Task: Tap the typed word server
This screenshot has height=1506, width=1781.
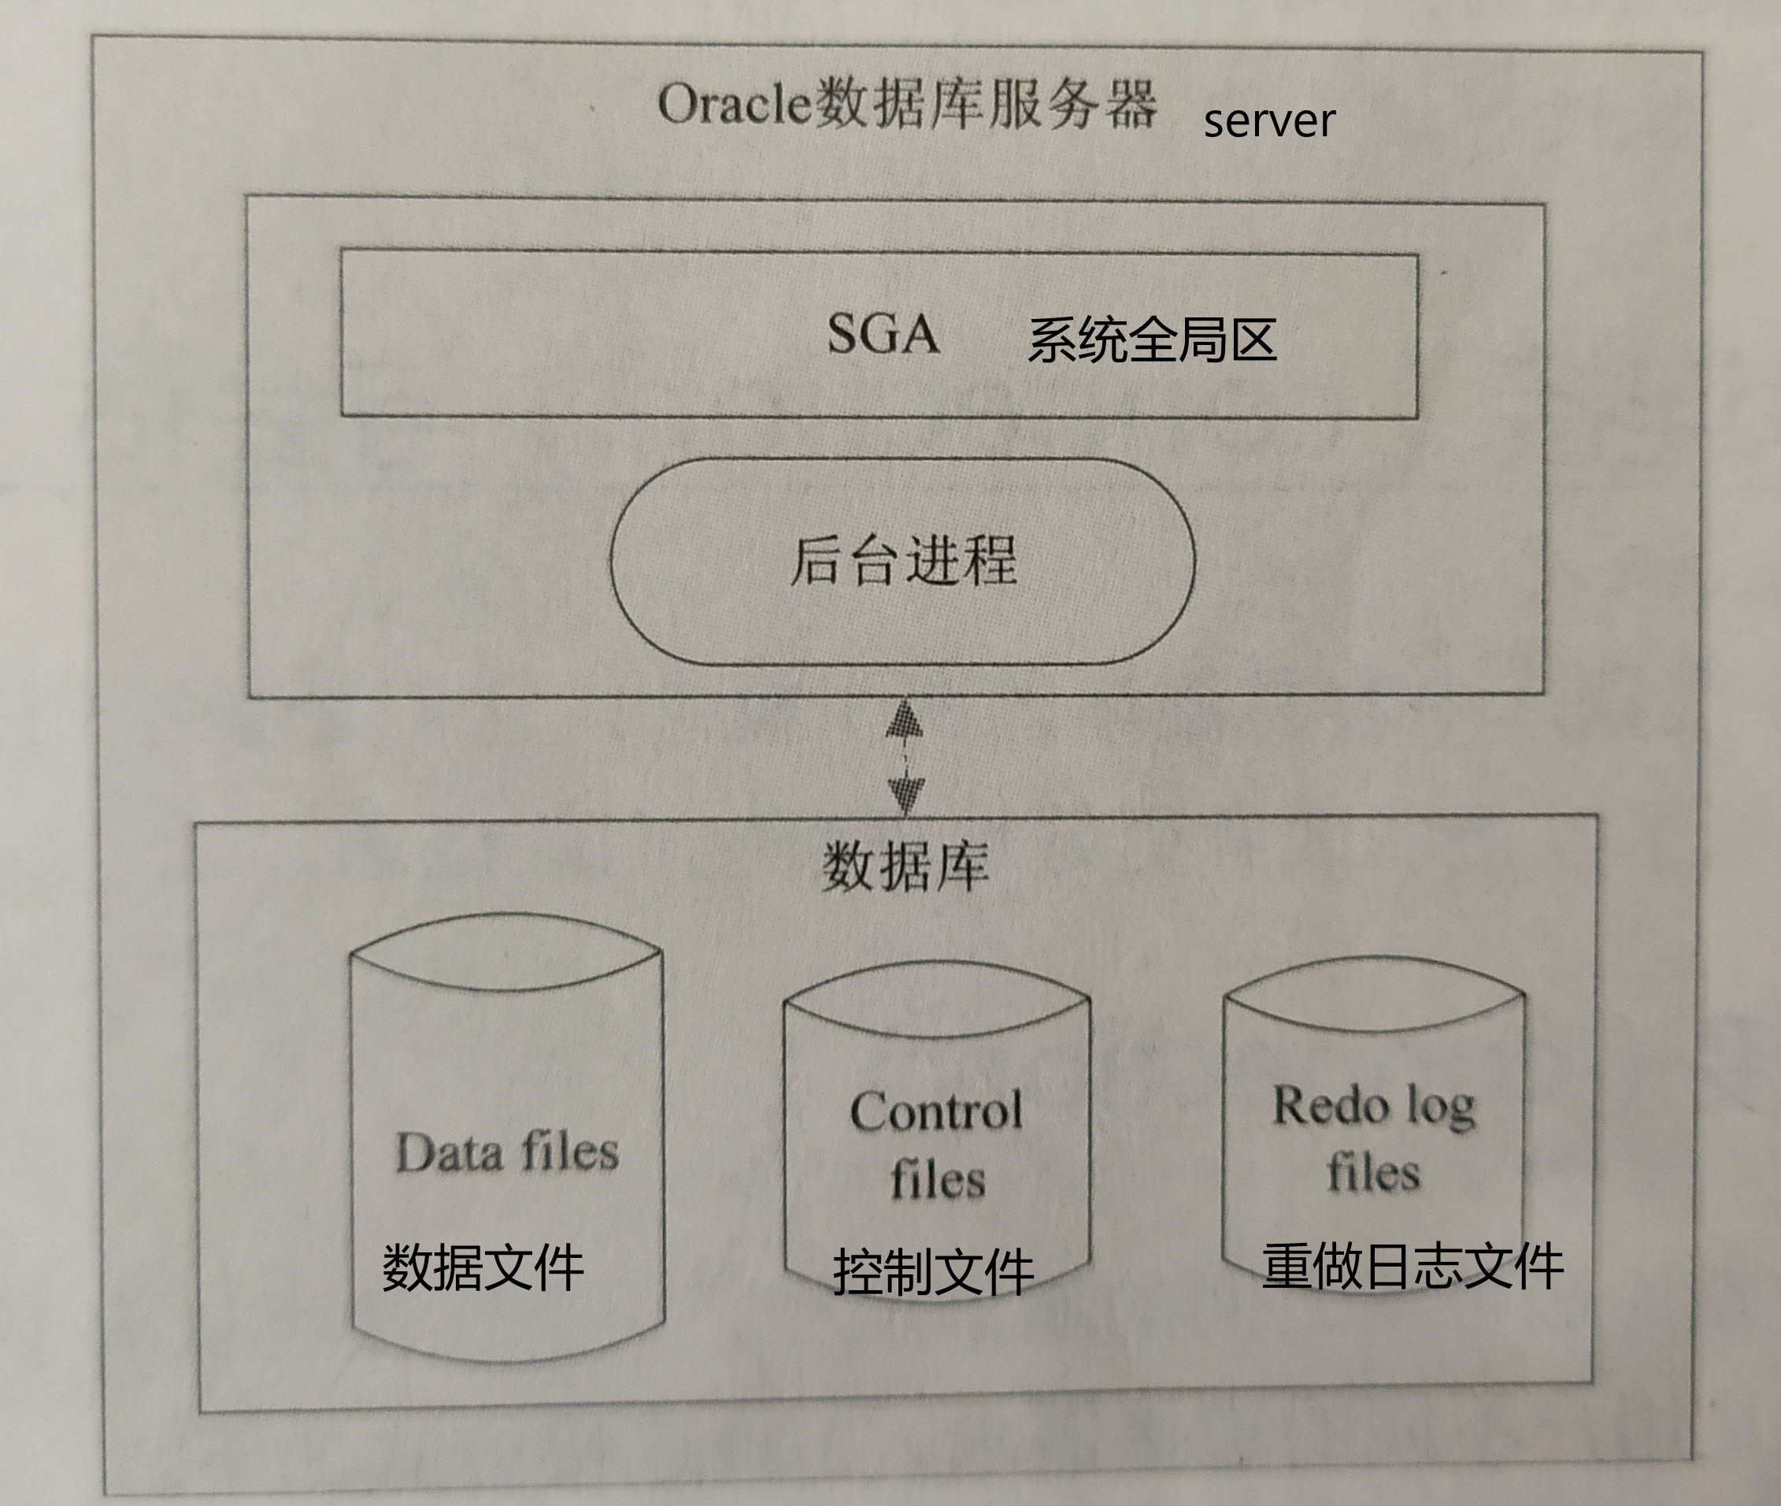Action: tap(1269, 121)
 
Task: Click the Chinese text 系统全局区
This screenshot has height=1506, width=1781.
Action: tap(1152, 339)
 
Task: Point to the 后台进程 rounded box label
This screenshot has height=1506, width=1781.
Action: tap(903, 561)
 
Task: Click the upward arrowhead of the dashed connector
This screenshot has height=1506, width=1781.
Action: tap(905, 721)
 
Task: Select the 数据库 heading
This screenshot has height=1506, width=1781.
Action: tap(905, 866)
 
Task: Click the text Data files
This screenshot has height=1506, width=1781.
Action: tap(507, 1152)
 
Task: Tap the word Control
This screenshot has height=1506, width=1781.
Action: tap(936, 1111)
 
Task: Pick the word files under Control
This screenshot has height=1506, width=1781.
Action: tap(938, 1179)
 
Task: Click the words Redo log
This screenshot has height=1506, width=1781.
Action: tap(1374, 1107)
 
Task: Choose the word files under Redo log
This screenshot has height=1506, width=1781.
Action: tap(1373, 1171)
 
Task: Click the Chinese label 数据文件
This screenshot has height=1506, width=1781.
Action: tap(483, 1267)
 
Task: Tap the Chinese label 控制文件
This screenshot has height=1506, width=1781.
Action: tap(934, 1272)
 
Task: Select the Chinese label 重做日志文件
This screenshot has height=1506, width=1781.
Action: tap(1413, 1265)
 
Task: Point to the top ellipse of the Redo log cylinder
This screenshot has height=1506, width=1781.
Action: tap(1374, 995)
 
